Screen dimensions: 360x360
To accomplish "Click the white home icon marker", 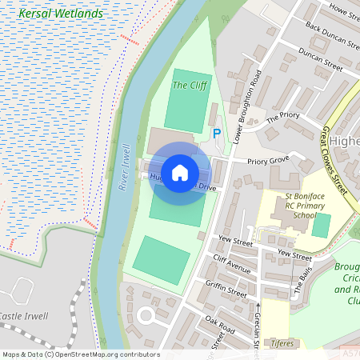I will point(180,172).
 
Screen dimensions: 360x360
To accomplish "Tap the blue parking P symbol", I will point(216,134).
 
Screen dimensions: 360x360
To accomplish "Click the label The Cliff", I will point(190,84).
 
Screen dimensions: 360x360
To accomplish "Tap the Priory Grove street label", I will point(267,161).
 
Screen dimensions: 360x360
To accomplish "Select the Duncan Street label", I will point(319,58).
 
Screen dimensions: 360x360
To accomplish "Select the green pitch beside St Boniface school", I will point(321,226).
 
